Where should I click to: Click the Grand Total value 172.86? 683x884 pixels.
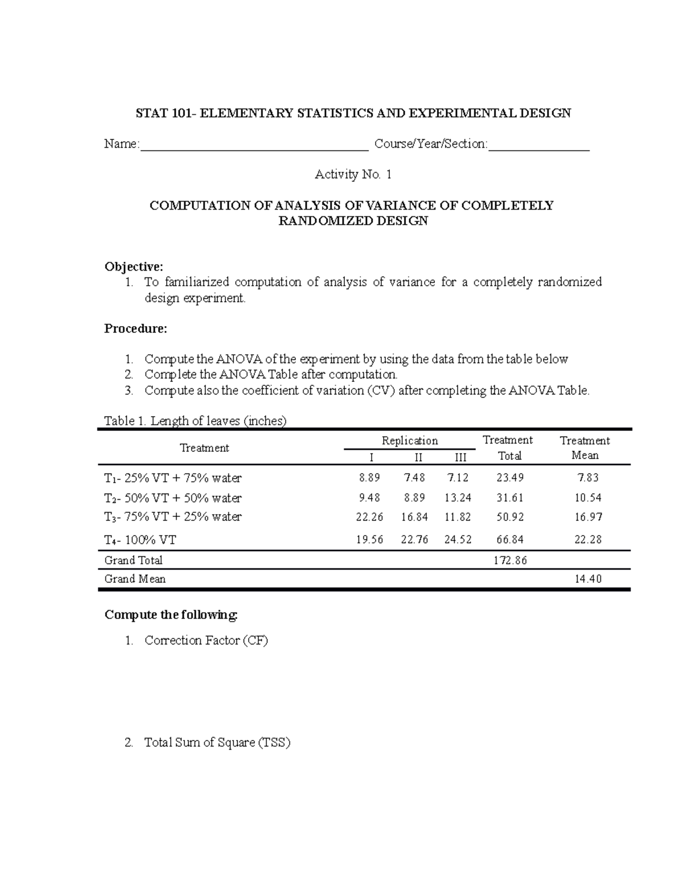point(510,560)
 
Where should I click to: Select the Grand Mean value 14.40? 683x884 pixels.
point(588,579)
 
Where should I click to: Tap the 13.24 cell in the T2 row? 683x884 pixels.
point(458,497)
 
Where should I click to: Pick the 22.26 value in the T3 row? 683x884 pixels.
point(369,517)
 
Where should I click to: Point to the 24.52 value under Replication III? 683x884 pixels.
point(458,540)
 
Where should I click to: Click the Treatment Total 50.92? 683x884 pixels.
point(510,517)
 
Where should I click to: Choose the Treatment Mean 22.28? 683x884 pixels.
point(588,540)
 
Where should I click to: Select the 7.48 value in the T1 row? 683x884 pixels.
point(414,478)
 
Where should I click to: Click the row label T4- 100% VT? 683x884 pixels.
point(140,540)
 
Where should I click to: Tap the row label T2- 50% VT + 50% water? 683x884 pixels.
point(173,498)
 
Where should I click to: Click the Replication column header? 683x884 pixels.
point(410,441)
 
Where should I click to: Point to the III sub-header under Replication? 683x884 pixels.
point(460,457)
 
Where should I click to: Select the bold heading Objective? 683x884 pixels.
point(134,267)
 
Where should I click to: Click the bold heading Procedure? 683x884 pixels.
point(136,328)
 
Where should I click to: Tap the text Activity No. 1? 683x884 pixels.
point(353,175)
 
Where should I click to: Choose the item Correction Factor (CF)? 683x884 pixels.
point(206,640)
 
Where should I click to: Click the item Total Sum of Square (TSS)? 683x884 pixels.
point(217,742)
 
